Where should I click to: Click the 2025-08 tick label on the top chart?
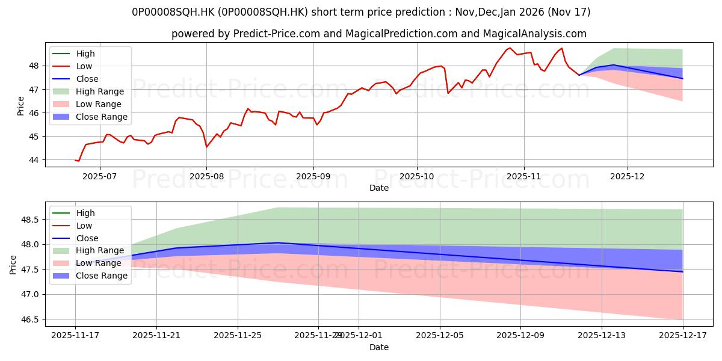click(206, 176)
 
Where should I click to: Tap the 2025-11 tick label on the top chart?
click(524, 176)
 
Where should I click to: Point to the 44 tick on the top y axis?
click(33, 160)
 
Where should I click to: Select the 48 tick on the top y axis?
click(33, 66)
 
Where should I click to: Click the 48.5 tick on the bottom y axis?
click(29, 220)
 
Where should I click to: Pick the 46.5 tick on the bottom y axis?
click(29, 319)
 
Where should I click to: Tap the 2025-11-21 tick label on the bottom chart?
click(156, 336)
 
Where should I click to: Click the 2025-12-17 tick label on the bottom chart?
click(683, 336)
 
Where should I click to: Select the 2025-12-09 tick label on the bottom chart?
click(520, 336)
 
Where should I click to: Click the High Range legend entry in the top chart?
click(100, 91)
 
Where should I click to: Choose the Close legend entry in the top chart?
click(87, 79)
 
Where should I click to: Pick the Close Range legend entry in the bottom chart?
click(102, 276)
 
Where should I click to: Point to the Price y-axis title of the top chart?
click(21, 105)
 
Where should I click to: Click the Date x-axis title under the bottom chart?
click(379, 347)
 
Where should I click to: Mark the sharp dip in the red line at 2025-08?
click(206, 147)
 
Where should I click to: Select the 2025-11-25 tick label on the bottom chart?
click(238, 336)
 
